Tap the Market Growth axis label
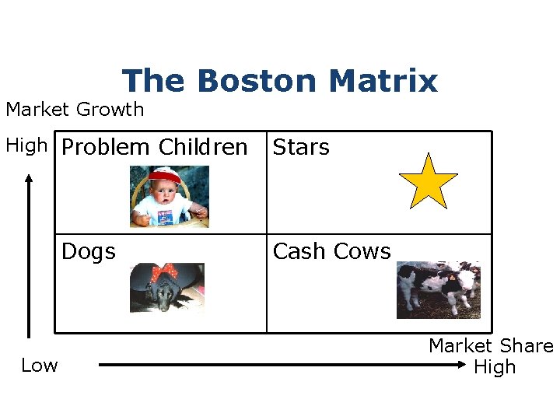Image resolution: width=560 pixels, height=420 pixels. tap(75, 110)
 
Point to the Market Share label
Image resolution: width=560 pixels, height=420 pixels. tap(491, 346)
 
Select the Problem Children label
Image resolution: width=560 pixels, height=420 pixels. tap(154, 147)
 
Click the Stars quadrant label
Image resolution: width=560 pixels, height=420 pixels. tap(301, 147)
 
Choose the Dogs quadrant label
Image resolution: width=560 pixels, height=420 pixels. tap(89, 251)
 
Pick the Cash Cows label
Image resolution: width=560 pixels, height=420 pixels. tap(332, 251)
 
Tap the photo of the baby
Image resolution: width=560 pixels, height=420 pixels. tap(170, 197)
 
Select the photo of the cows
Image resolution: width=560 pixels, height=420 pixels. tap(439, 289)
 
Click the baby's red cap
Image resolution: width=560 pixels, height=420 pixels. tap(164, 176)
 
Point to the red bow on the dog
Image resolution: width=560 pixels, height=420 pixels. tap(164, 273)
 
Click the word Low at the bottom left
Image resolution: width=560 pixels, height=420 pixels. tap(40, 366)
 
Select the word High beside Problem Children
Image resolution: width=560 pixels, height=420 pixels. tap(26, 145)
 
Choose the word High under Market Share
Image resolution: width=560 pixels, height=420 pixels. tap(495, 367)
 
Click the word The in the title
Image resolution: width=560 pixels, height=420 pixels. tap(155, 81)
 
